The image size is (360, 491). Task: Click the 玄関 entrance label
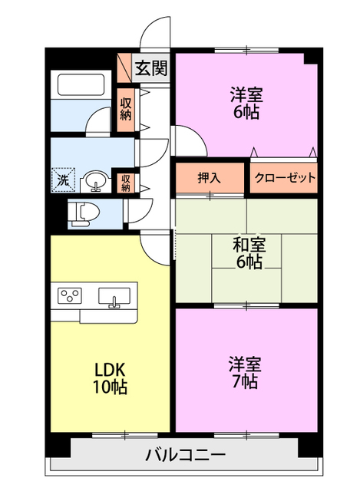[x=151, y=68]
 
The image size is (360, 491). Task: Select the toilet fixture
[x=81, y=213]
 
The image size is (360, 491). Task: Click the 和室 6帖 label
[x=249, y=254]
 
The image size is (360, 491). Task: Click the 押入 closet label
[x=210, y=178]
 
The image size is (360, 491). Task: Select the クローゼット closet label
[x=283, y=178]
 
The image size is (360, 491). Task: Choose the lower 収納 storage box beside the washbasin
[x=125, y=183]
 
